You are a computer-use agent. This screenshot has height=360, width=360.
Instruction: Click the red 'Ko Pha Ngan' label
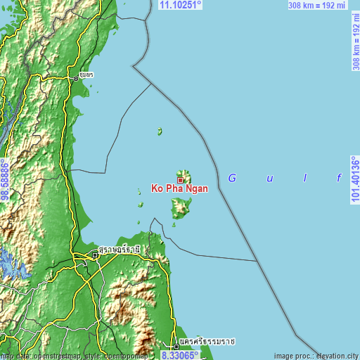(x=179, y=189)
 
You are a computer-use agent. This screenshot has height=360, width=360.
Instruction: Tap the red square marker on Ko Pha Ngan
(x=180, y=180)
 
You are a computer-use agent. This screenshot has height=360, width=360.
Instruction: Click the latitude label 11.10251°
(x=181, y=5)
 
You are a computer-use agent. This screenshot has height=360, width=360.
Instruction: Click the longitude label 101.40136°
(x=356, y=180)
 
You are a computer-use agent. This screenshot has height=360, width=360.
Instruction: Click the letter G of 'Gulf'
(x=231, y=179)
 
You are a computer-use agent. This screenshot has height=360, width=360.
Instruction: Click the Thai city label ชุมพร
(x=86, y=74)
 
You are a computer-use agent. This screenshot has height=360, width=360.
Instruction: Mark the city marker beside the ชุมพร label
(x=76, y=78)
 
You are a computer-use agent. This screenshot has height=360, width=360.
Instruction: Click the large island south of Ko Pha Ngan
(x=181, y=207)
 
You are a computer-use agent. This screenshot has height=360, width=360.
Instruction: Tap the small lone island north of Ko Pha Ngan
(x=160, y=131)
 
